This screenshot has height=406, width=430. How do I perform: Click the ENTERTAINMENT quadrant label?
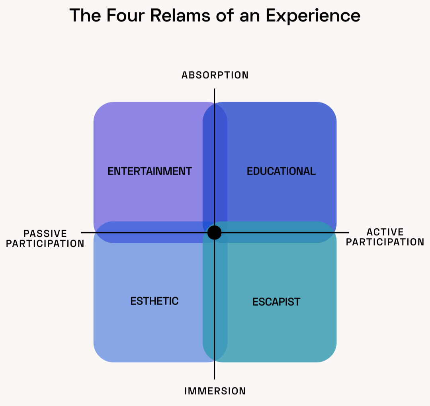click(x=150, y=171)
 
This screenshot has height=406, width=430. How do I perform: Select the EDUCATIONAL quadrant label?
click(x=281, y=171)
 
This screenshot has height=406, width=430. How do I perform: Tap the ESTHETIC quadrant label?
click(x=154, y=301)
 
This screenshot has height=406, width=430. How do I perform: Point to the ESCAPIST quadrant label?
click(x=276, y=302)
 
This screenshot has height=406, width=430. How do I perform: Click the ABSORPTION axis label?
click(x=215, y=75)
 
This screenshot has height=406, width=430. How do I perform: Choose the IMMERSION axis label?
click(x=215, y=391)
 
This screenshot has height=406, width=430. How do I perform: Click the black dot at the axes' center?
click(x=215, y=233)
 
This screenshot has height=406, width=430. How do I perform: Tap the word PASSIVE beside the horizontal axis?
click(x=45, y=233)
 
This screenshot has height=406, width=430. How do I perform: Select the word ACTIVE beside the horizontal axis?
click(x=385, y=232)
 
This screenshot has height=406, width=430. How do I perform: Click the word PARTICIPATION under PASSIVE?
click(x=45, y=243)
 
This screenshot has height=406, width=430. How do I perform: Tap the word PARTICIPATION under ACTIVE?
click(x=385, y=242)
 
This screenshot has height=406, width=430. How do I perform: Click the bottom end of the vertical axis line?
click(x=215, y=379)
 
